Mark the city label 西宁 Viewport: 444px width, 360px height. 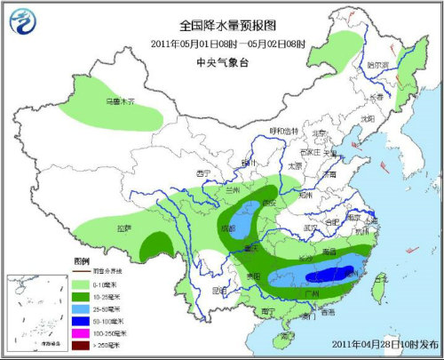205,172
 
